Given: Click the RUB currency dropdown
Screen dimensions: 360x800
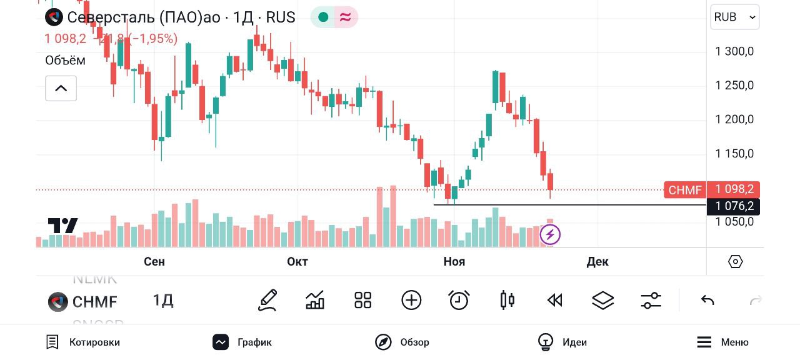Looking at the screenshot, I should (734, 17).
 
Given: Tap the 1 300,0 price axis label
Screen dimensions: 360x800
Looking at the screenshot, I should (734, 51).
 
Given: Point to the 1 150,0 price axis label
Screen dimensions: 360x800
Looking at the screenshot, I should (734, 154).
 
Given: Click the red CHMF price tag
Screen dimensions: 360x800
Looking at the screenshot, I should (685, 190).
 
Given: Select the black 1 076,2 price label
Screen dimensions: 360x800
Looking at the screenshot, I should (734, 206).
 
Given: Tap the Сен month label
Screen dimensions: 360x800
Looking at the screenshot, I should (154, 262).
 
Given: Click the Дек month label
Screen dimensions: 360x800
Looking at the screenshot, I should (597, 262).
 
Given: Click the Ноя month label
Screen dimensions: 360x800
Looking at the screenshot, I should (454, 262).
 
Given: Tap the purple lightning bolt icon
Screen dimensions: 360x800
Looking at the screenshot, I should (550, 234).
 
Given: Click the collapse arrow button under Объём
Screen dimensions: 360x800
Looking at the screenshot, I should (61, 88).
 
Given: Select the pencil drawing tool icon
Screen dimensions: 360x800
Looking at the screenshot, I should (267, 301).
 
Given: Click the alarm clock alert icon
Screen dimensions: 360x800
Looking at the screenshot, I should (459, 301).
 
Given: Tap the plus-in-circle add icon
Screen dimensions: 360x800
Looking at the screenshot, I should (411, 301).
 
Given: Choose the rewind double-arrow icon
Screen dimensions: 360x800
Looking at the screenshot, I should (554, 301).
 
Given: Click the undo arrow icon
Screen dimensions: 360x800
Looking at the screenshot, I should (707, 301).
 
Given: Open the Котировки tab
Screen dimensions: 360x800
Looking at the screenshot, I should (83, 342).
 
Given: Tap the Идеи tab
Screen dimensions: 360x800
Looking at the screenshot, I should (562, 342).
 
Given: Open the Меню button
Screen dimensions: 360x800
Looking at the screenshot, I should (722, 342).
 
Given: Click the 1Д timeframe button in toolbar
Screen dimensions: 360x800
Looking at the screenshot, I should (163, 301).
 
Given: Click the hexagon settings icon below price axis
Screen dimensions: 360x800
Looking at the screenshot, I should (736, 262).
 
